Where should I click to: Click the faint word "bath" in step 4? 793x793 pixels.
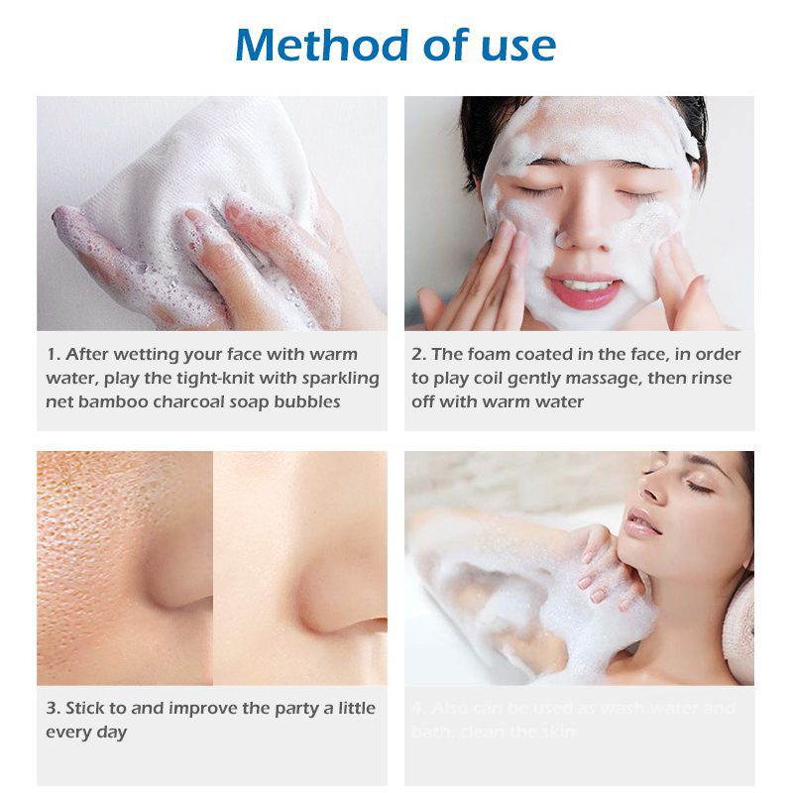pyautogui.click(x=430, y=732)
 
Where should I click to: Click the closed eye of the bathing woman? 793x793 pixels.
pyautogui.click(x=696, y=486)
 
